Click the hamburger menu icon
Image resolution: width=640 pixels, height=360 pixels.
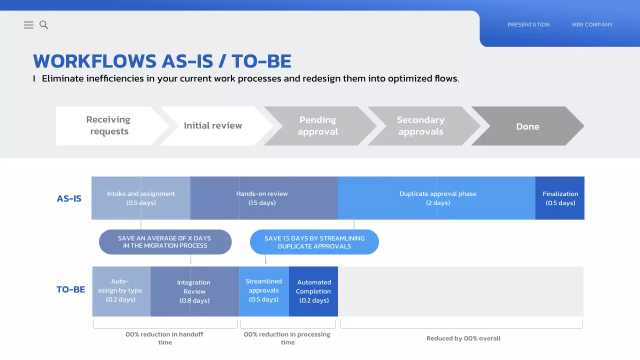(28, 25)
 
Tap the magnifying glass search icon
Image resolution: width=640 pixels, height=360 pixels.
(43, 25)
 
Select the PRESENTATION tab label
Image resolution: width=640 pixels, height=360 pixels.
(528, 25)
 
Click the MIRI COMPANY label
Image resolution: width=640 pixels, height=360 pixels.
(592, 25)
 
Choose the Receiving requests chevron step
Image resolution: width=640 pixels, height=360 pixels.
(108, 126)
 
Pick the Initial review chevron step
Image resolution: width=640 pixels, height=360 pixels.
(213, 126)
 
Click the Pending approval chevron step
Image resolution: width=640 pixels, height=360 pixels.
(317, 126)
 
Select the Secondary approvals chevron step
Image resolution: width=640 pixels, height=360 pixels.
(421, 126)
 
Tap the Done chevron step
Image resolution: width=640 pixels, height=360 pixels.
(527, 126)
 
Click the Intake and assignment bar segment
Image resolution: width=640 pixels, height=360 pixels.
(141, 198)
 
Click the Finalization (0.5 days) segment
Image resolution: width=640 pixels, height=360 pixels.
(560, 198)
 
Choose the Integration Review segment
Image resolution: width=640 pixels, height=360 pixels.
(195, 291)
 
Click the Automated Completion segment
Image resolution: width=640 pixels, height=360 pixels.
(313, 291)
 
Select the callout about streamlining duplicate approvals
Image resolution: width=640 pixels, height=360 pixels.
(314, 242)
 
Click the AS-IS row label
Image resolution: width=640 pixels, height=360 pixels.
(69, 198)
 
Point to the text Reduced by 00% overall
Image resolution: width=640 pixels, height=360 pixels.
(463, 338)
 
